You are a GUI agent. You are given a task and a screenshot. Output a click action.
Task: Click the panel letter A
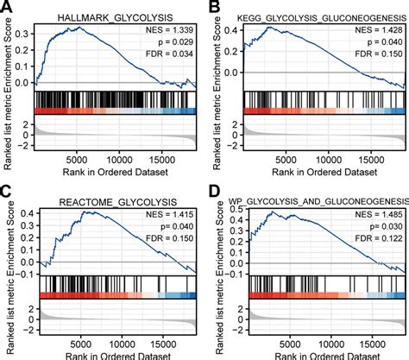7,7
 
